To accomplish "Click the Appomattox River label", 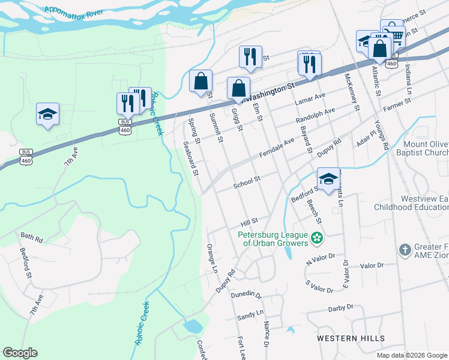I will click(x=69, y=11).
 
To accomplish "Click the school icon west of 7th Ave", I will click(x=47, y=114).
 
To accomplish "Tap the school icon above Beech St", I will click(x=328, y=179).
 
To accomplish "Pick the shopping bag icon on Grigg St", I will click(x=238, y=88).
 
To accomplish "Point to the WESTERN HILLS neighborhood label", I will click(x=351, y=338).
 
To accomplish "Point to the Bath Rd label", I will click(x=31, y=239).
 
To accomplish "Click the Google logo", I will click(x=20, y=353).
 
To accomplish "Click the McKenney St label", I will click(x=352, y=92).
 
